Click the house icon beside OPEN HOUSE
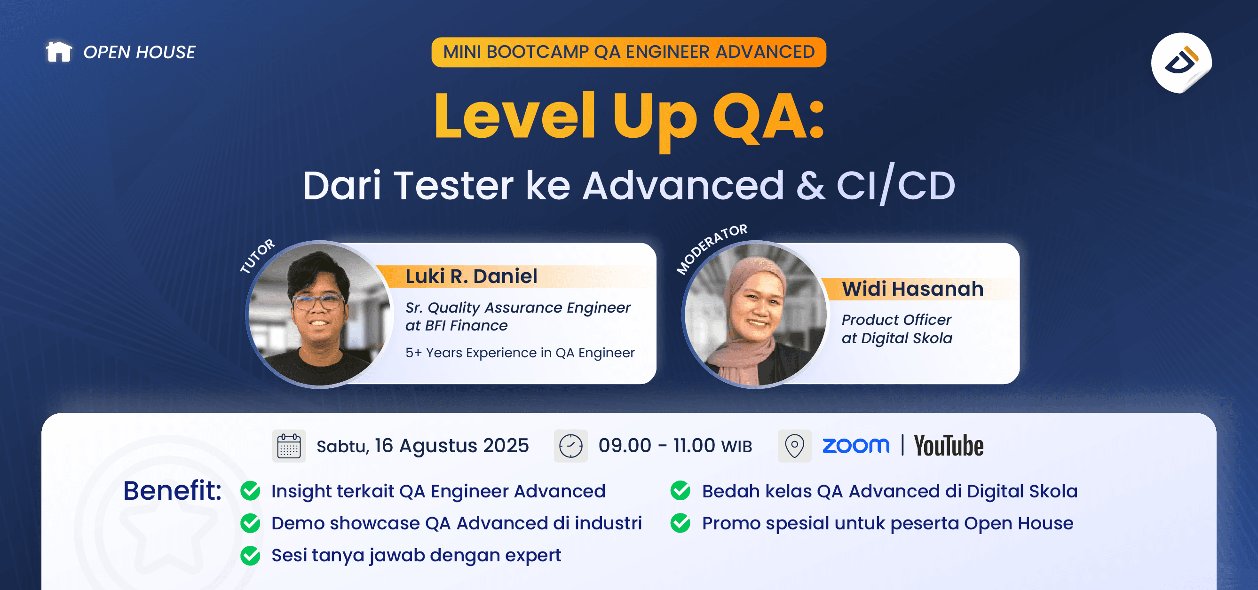click(59, 52)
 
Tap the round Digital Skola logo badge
click(1180, 63)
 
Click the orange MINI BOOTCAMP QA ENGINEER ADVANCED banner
click(628, 52)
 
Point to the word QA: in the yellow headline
click(768, 117)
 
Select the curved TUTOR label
click(257, 256)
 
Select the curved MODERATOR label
click(711, 248)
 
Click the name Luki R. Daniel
click(471, 276)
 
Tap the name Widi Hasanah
click(912, 289)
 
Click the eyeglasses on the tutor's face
click(317, 302)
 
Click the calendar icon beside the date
click(289, 446)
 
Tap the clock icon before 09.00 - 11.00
click(570, 446)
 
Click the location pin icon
click(794, 446)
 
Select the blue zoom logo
click(855, 446)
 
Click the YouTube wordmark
click(949, 446)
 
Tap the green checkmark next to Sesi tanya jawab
click(251, 555)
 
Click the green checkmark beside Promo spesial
click(680, 523)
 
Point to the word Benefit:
click(172, 490)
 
